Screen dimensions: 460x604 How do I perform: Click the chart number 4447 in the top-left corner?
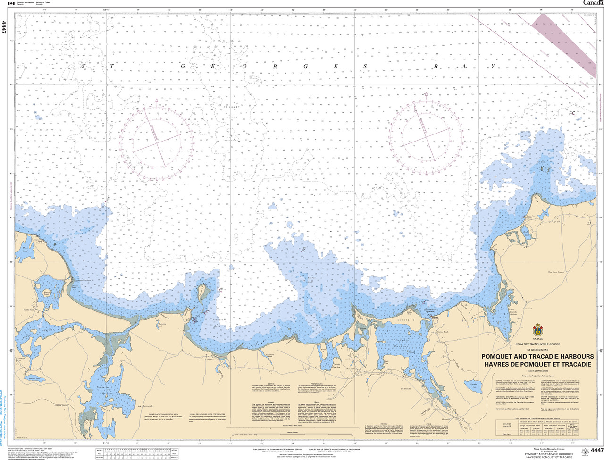(x=4, y=27)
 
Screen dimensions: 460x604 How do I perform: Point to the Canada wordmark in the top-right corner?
(x=593, y=3)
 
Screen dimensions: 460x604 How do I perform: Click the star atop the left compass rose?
(x=156, y=100)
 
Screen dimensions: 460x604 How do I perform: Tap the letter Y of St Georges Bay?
(x=493, y=67)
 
